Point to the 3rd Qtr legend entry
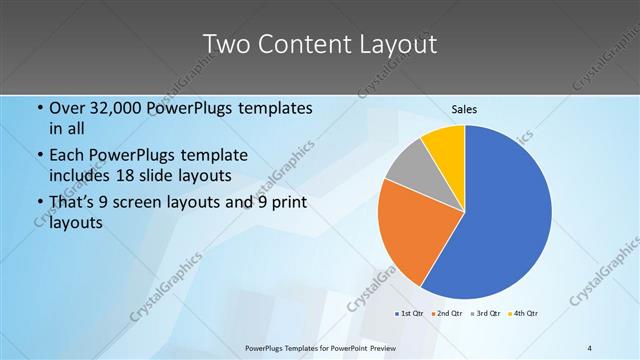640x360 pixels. pyautogui.click(x=486, y=314)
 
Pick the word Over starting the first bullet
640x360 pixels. pyautogui.click(x=68, y=108)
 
